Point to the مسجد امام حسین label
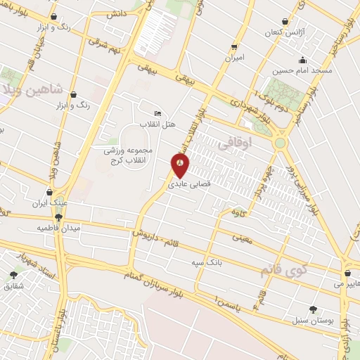pyautogui.click(x=303, y=71)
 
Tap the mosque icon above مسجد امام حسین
pyautogui.click(x=302, y=60)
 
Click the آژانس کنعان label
pyautogui.click(x=282, y=33)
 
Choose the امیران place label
pyautogui.click(x=234, y=59)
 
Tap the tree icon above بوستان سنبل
pyautogui.click(x=313, y=309)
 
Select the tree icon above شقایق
pyautogui.click(x=13, y=275)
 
